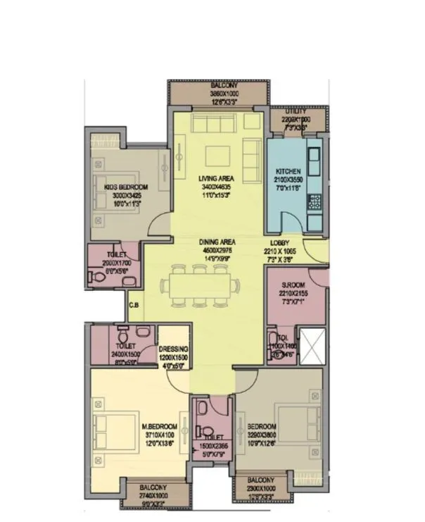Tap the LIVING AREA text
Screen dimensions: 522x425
point(217,178)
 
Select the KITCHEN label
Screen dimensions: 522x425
point(288,172)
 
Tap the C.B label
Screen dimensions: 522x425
point(133,305)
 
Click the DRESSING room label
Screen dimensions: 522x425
point(174,349)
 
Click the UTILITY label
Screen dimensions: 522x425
point(295,111)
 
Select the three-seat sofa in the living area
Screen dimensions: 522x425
point(216,125)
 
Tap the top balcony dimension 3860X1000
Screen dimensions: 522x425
point(218,94)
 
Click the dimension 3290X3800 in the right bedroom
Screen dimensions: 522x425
point(261,435)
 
